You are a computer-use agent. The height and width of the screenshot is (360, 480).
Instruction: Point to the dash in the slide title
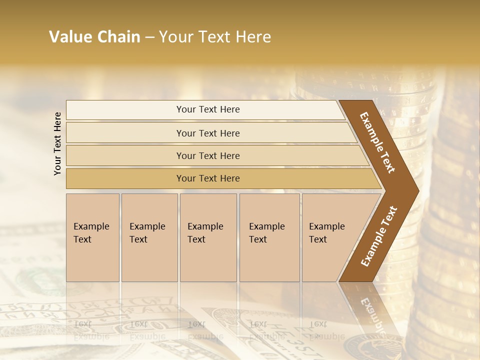pos(149,37)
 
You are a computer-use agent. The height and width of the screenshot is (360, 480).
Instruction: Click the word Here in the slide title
pos(253,37)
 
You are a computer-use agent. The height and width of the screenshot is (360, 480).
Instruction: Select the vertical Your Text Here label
pos(57,143)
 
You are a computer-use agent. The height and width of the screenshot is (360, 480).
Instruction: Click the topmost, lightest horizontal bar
pos(208,109)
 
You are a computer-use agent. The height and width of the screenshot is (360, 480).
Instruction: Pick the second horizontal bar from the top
pos(208,133)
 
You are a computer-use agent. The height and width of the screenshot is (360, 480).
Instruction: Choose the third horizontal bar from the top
pos(208,155)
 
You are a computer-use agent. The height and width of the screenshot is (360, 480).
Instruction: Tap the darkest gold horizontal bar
pos(208,178)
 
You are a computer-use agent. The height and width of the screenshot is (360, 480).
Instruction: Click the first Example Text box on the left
pos(92,237)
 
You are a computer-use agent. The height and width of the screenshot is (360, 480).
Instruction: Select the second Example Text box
pos(149,237)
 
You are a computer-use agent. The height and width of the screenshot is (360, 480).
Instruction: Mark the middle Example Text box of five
pos(208,237)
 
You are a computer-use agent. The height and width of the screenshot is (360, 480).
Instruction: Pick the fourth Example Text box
pos(269,237)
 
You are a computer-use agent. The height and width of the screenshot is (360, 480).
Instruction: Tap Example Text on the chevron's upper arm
pos(377,142)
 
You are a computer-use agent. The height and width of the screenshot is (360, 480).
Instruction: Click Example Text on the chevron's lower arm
pos(378,236)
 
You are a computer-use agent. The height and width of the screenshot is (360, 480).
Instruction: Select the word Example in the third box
pos(205,226)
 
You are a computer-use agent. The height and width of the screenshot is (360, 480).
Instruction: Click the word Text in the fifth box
pos(318,239)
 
